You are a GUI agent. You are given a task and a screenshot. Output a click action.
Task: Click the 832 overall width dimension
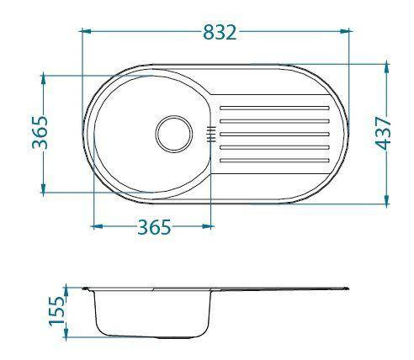tap(220, 32)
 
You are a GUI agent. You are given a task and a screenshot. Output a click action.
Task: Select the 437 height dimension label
tap(383, 134)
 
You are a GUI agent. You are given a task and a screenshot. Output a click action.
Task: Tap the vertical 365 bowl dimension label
tap(40, 132)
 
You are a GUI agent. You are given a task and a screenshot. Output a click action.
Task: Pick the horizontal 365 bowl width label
tap(154, 227)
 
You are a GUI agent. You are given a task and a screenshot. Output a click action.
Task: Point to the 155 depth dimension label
tap(56, 310)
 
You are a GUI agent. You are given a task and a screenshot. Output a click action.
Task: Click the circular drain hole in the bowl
tap(174, 134)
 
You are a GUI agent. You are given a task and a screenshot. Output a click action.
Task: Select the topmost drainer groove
tap(274, 108)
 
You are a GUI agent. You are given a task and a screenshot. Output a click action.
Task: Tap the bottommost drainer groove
tap(274, 161)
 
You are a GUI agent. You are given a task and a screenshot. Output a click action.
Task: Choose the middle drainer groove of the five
tap(274, 135)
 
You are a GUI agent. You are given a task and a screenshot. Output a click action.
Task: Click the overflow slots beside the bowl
tap(211, 134)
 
